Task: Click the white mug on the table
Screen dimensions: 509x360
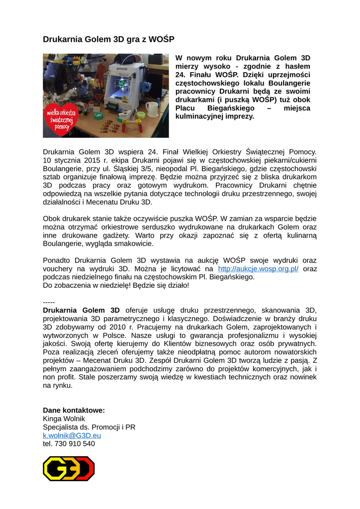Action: point(151,109)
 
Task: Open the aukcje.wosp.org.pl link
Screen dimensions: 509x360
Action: point(259,268)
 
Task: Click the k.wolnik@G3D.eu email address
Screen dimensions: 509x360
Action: point(72,435)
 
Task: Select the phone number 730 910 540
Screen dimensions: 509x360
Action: point(75,444)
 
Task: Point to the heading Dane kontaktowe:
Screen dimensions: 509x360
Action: point(74,410)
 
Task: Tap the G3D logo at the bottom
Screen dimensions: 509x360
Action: point(69,469)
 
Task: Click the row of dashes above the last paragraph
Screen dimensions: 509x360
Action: point(49,302)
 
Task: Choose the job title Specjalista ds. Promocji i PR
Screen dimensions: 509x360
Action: point(89,427)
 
